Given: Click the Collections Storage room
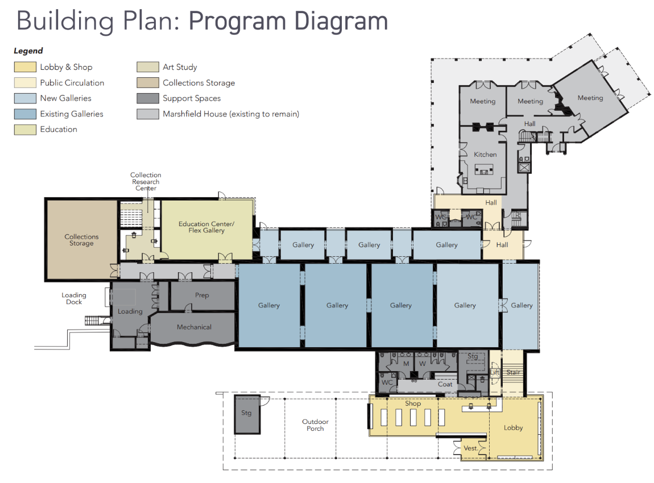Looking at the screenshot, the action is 81,240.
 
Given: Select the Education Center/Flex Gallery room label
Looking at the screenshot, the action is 206,227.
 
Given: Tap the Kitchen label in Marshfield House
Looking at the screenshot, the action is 485,155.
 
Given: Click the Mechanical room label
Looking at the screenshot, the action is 194,327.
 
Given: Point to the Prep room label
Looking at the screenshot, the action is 202,295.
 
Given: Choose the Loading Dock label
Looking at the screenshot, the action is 74,298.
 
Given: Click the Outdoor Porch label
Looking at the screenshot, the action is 315,425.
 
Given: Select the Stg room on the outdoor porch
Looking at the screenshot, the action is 247,414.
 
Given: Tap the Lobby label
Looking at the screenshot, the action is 513,427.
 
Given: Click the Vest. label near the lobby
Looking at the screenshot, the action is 470,448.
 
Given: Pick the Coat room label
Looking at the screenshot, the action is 445,384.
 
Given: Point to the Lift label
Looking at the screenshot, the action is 495,372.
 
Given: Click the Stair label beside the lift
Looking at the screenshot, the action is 513,372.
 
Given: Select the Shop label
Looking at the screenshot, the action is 413,403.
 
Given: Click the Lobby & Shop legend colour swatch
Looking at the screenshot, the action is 25,67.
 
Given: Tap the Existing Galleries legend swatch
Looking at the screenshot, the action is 25,114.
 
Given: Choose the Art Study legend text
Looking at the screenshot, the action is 180,67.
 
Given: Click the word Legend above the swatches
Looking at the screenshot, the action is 28,51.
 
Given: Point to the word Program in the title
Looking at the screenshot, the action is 237,21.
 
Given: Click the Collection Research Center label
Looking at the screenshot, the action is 146,182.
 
